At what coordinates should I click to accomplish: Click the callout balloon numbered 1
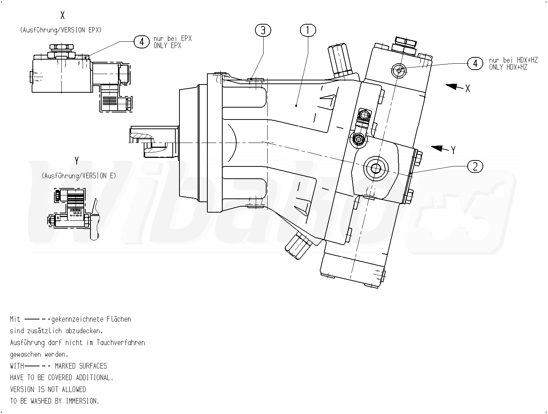click(x=308, y=31)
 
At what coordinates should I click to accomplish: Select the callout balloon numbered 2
click(x=475, y=166)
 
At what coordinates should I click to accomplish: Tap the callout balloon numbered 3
click(x=263, y=31)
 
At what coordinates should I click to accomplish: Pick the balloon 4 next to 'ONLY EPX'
click(x=141, y=42)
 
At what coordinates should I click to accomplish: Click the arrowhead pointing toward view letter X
click(x=451, y=86)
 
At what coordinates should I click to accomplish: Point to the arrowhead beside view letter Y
click(x=437, y=148)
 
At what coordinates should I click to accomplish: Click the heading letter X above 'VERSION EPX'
click(x=63, y=15)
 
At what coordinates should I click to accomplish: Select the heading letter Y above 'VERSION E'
click(x=77, y=161)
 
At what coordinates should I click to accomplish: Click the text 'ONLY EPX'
click(x=167, y=45)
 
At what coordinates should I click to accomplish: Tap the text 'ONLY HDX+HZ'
click(x=508, y=67)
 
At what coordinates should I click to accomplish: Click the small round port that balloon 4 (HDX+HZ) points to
click(x=399, y=69)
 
